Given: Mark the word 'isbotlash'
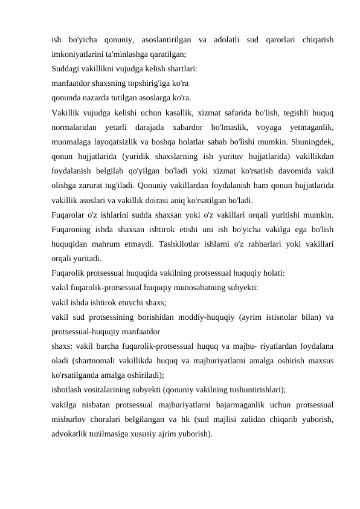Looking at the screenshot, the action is (x=66, y=389).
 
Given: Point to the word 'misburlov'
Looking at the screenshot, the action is (x=69, y=418).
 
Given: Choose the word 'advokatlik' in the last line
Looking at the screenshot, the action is (x=69, y=432).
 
